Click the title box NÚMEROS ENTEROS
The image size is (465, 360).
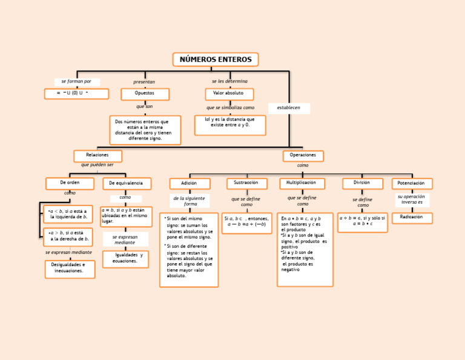tap(216, 59)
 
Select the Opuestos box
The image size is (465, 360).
tap(145, 94)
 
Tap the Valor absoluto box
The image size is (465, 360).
tap(229, 94)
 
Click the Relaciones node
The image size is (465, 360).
tap(97, 156)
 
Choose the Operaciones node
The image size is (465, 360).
tap(303, 156)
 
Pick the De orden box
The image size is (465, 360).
tap(70, 183)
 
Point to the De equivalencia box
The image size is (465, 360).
tap(127, 183)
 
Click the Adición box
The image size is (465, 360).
tap(190, 183)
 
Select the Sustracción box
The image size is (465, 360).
tap(246, 183)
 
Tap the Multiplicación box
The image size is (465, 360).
tap(302, 183)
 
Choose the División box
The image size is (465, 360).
tap(362, 183)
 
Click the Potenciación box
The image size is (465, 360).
tap(412, 183)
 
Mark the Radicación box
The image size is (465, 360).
tap(412, 218)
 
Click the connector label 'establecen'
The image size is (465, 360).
tap(289, 108)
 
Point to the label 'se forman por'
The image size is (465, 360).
tap(76, 82)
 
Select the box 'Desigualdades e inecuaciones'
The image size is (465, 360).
tap(70, 268)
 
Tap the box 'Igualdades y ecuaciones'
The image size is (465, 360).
tap(125, 259)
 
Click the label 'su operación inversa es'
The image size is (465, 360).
tap(412, 200)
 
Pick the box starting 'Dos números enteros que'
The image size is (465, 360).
tap(145, 130)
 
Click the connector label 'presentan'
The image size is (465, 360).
tap(144, 82)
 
